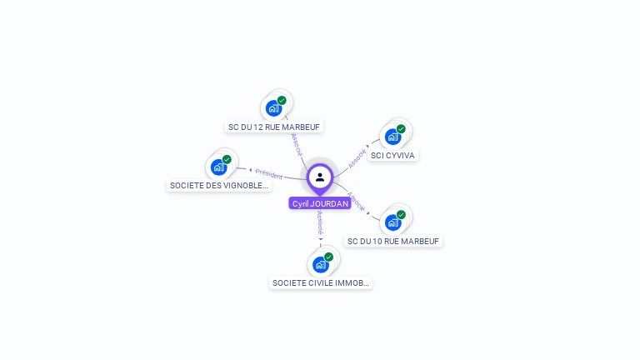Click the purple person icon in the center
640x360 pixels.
(320, 177)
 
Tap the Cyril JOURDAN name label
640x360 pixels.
(320, 203)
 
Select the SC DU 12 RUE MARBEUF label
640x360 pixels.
(274, 127)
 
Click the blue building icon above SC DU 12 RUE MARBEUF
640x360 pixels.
(273, 108)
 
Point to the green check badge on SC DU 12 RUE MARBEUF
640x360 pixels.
(282, 101)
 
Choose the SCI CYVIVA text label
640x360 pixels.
(393, 155)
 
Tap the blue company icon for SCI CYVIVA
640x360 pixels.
(392, 137)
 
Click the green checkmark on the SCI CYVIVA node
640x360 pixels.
(401, 129)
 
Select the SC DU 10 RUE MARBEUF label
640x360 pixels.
(393, 241)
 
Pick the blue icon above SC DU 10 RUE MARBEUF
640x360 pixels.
(392, 222)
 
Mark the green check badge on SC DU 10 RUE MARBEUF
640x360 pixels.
(401, 215)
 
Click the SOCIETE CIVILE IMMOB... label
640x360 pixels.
(321, 283)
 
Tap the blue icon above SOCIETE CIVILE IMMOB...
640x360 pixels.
(320, 265)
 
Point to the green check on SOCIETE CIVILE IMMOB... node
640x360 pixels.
(328, 257)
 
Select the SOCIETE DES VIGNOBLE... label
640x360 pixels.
(219, 186)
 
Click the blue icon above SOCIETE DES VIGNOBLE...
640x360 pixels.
(218, 167)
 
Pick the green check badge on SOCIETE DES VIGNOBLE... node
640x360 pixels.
(227, 159)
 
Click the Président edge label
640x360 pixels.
(269, 174)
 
